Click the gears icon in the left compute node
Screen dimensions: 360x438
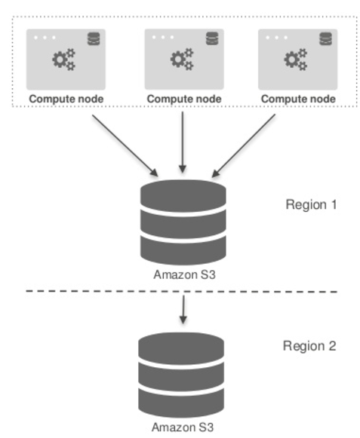(64, 60)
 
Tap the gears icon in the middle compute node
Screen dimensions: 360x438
(182, 60)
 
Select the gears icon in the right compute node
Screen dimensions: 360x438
(296, 60)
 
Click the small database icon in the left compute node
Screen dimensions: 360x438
(94, 39)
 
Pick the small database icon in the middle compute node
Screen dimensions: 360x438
(212, 38)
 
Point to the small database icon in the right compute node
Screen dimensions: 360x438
(325, 39)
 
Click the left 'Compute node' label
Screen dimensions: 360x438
(66, 99)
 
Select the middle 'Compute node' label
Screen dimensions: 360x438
(184, 99)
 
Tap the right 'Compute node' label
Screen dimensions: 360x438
(298, 99)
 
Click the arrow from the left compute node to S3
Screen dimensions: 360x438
(125, 145)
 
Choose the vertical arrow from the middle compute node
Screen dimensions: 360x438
(183, 142)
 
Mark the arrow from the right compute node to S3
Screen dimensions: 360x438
(243, 145)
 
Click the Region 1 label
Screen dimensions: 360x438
(311, 205)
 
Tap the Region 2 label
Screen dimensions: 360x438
(309, 346)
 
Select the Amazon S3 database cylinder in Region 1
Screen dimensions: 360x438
(183, 222)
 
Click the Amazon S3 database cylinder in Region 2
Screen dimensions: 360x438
(181, 375)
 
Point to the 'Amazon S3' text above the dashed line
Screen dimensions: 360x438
(185, 274)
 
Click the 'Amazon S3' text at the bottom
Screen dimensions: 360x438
(183, 427)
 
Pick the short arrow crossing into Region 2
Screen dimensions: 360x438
(183, 310)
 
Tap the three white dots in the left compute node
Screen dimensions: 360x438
(45, 38)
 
